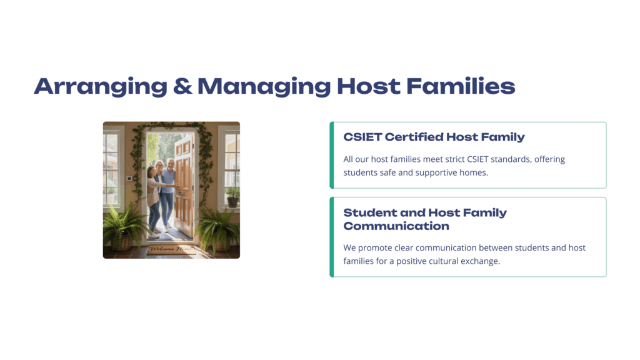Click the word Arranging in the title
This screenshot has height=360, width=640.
pos(101,86)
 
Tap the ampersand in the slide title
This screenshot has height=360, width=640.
pos(182,86)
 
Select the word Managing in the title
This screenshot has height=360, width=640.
pos(264,86)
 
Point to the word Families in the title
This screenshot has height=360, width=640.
pos(461,86)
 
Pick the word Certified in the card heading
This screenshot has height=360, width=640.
pos(413,137)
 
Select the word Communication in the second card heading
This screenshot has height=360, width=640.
pos(396,226)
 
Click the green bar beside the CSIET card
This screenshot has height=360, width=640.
pos(332,155)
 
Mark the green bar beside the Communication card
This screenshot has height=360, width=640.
pos(332,237)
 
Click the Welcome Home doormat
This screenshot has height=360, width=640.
pos(170,249)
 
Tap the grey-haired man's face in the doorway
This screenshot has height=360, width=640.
pos(171,164)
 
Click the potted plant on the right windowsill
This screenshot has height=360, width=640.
pos(232,197)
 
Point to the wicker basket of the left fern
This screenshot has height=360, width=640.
pos(121,243)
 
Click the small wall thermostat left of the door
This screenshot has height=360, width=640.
pos(129,178)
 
